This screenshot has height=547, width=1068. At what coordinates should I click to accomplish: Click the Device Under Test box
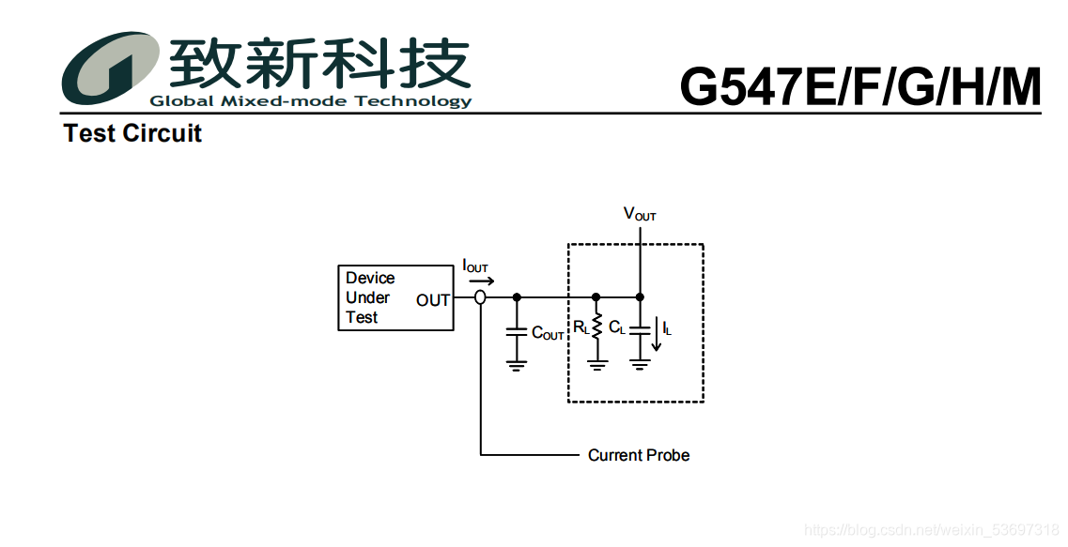pos(395,297)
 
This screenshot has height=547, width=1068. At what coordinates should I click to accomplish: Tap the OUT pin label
pos(433,300)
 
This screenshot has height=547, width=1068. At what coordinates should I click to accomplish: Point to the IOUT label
pos(475,266)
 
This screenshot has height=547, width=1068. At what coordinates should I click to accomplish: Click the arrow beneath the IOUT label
pos(480,280)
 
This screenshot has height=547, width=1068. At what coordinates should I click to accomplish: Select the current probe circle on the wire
pos(480,297)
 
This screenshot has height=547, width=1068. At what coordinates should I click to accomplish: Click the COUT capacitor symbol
pos(516,331)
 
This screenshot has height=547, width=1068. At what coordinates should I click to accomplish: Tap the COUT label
pos(548,333)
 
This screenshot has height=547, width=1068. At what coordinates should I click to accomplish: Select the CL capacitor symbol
pos(640,329)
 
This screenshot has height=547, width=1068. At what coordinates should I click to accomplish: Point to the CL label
pos(617,328)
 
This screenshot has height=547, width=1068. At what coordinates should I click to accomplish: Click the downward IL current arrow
pos(657,335)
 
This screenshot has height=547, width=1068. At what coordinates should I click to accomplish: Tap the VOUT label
pos(640,214)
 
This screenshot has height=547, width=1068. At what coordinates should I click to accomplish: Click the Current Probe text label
pos(639,455)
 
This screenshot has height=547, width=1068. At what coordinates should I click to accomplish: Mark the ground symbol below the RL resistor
pos(597,364)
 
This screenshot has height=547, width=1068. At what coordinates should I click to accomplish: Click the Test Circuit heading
pos(132,133)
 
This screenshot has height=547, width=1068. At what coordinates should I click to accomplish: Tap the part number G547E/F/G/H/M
pos(860,87)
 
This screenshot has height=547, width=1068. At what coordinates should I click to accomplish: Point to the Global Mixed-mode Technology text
pos(311,101)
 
